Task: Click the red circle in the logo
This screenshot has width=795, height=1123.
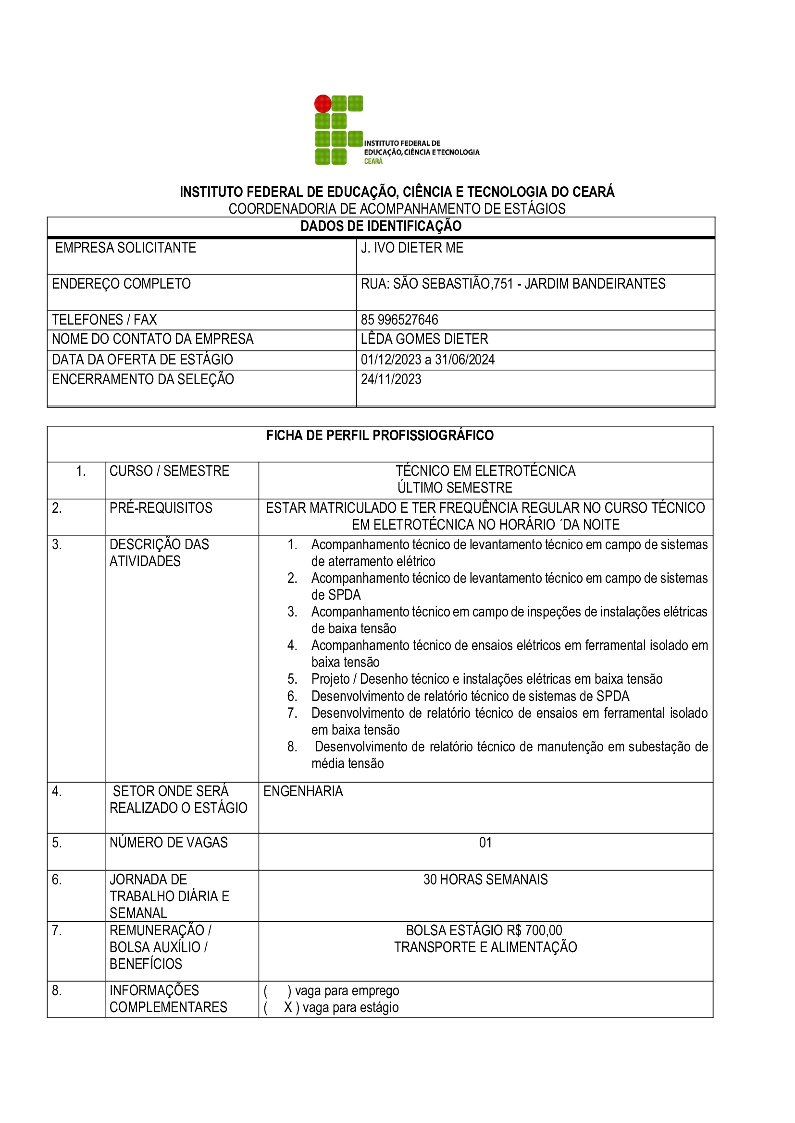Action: (323, 104)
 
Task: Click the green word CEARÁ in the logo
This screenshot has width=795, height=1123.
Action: (373, 161)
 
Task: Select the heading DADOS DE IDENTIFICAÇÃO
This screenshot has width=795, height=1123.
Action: (380, 226)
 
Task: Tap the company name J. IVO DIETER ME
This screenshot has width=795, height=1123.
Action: (412, 248)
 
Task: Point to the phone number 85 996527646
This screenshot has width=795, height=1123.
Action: (399, 320)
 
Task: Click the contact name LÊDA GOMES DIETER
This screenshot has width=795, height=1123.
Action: (424, 339)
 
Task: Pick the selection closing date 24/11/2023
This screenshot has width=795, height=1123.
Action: (391, 380)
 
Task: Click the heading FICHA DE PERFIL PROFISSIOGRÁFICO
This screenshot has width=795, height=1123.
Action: (380, 435)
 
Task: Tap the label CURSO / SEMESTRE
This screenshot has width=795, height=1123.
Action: (169, 471)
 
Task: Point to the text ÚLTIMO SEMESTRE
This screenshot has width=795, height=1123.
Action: (455, 488)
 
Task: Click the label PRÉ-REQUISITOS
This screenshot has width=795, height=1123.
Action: (161, 507)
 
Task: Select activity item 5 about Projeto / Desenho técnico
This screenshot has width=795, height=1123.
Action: (486, 679)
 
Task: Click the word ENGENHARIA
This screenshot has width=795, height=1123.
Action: (303, 791)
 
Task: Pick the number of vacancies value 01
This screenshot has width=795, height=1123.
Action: (485, 842)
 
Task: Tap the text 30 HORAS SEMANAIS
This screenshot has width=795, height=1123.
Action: (485, 880)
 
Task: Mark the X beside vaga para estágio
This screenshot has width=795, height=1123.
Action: (288, 1007)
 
